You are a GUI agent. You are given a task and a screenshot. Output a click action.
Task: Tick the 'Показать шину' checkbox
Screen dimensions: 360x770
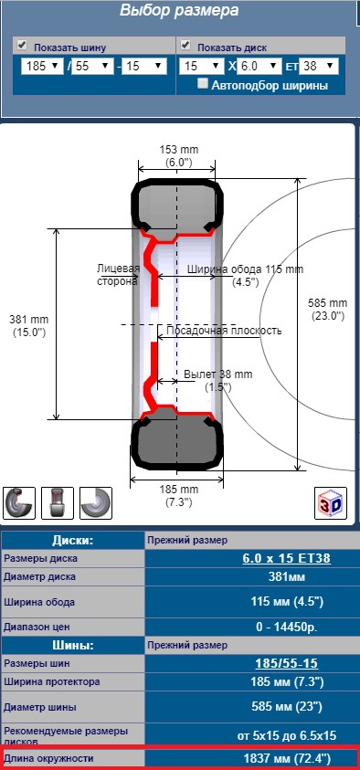tap(22, 45)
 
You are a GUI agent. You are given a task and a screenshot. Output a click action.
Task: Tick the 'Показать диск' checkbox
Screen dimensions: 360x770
tap(185, 45)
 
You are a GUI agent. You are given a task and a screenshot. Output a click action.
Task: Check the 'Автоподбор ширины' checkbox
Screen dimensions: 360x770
tap(203, 83)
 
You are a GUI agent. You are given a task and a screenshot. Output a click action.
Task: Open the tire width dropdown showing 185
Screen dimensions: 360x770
tap(42, 66)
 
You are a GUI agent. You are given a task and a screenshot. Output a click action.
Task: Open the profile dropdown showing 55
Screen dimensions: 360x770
tap(93, 66)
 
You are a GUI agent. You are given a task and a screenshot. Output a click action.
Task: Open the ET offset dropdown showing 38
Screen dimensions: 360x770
tap(319, 66)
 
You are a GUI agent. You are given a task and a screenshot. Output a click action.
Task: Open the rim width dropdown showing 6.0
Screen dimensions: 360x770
tap(259, 66)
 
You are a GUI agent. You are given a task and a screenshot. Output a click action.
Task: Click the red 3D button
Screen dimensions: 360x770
tap(331, 503)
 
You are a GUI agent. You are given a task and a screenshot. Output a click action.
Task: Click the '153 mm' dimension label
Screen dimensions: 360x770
tap(179, 150)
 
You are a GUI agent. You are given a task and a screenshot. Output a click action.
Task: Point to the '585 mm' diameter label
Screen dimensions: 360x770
tap(327, 302)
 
